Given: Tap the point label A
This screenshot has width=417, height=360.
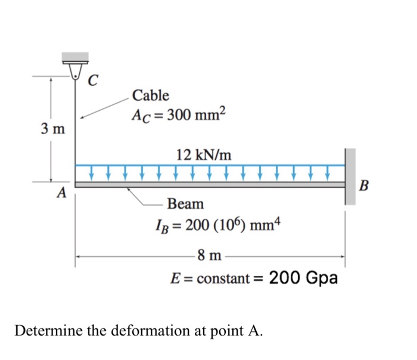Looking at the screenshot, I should tap(61, 194).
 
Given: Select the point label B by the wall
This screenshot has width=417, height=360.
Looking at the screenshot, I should tap(365, 187).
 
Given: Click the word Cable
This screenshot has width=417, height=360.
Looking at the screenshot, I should tap(150, 95).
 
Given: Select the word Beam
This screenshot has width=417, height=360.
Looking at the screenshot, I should tap(185, 204).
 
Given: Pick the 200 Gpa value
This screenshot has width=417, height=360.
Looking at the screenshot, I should tap(304, 278).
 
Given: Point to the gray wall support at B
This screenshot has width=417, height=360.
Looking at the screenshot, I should tap(350, 176).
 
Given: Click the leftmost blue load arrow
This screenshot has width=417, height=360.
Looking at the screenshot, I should tap(92, 172).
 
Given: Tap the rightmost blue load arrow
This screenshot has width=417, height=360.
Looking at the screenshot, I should tap(328, 172).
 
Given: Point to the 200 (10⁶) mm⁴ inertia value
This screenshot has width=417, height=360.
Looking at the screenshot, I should tap(220, 226).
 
